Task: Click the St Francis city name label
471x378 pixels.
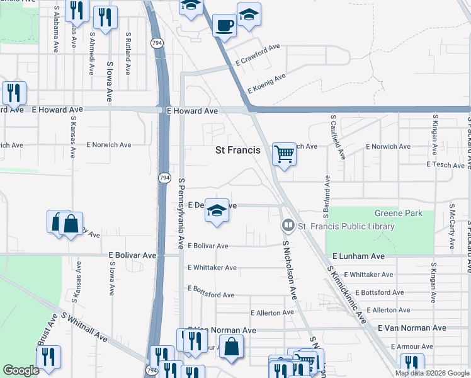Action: tap(237, 150)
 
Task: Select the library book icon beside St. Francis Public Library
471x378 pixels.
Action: tap(288, 226)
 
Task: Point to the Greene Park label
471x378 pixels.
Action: tap(399, 213)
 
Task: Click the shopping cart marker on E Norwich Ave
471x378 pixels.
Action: tap(285, 153)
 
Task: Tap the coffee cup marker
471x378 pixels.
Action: tap(224, 26)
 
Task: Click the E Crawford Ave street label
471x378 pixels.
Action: tap(258, 55)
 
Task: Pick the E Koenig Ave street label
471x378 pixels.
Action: tap(266, 83)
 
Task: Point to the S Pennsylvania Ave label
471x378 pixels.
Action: tap(181, 212)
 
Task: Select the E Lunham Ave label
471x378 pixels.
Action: tap(358, 256)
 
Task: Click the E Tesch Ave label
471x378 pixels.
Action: tap(445, 164)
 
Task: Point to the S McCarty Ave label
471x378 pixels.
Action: tap(452, 224)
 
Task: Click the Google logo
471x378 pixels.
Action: tap(21, 370)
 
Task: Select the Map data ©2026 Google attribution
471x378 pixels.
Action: tap(432, 373)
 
